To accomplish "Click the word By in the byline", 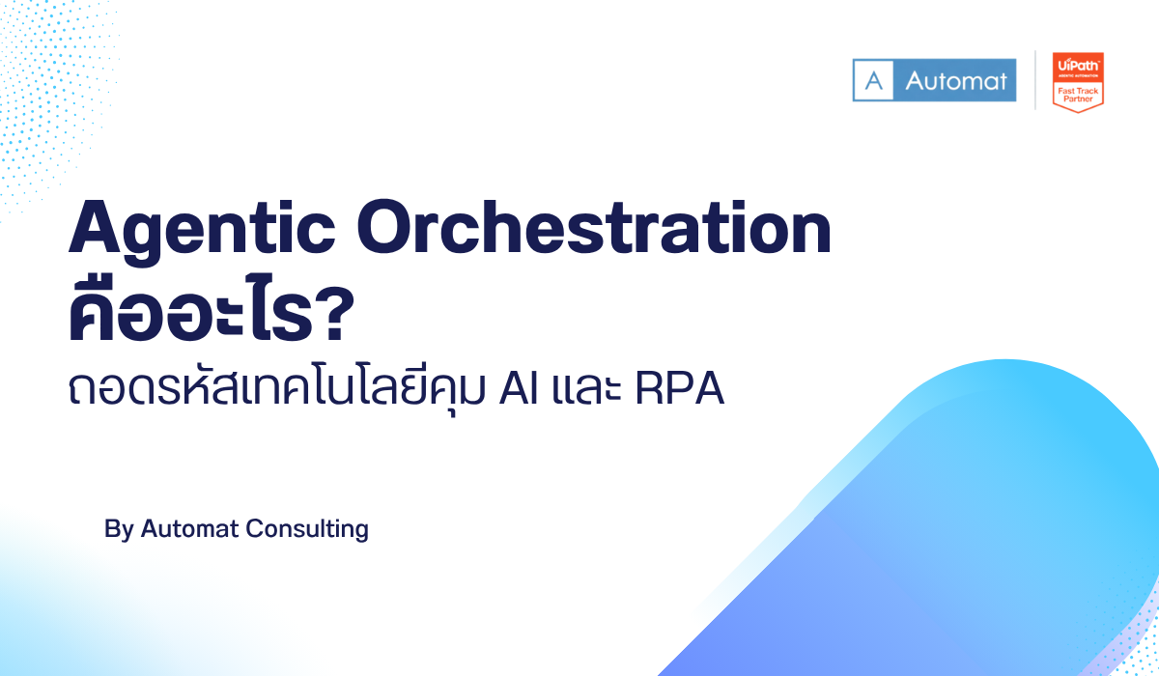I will pyautogui.click(x=119, y=529).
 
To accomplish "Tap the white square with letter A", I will pyautogui.click(x=875, y=80).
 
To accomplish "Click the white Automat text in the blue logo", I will pyautogui.click(x=954, y=80).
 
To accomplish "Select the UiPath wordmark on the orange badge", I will pyautogui.click(x=1077, y=63).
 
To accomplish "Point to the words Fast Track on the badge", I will pyautogui.click(x=1077, y=89).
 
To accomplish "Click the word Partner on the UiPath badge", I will pyautogui.click(x=1077, y=99).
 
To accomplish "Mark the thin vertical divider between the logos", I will pyautogui.click(x=1034, y=80).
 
